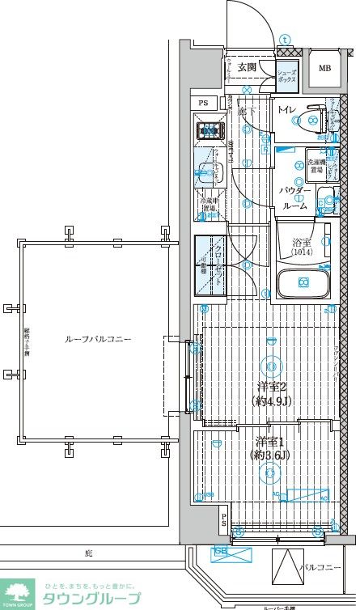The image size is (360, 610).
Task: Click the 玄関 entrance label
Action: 247,66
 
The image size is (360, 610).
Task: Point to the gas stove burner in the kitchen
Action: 208,128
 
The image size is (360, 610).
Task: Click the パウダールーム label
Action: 293,198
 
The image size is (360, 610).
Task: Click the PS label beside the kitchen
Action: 203,103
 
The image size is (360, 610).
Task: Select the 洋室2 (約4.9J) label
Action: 272,392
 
